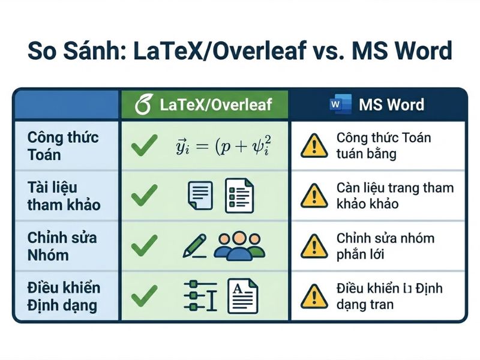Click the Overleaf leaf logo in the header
coord(143,104)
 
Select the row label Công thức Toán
coord(63,146)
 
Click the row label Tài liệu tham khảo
coord(64,196)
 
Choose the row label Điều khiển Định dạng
coord(64,296)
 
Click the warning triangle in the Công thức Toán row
coord(311,146)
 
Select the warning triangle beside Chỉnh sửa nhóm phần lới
coord(311,246)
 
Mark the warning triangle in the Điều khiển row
coord(311,296)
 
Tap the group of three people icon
coord(239,245)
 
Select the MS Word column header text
coord(391,104)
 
